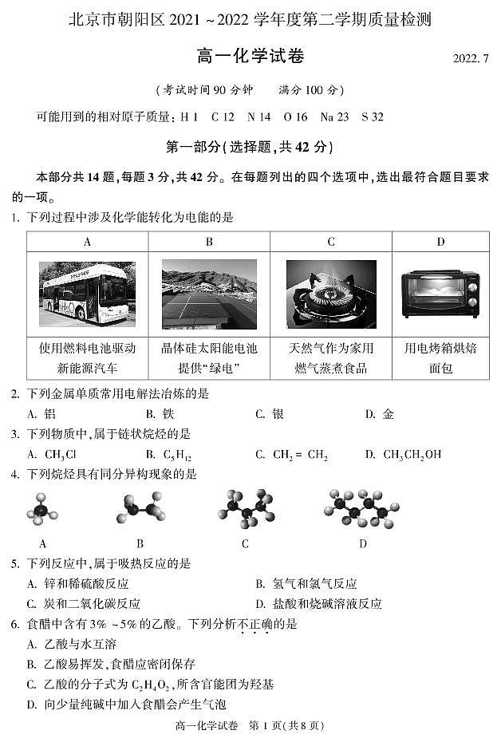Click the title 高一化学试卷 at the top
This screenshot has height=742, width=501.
[x=250, y=57]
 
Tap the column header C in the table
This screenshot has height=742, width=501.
[x=331, y=242]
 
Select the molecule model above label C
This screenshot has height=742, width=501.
[x=245, y=510]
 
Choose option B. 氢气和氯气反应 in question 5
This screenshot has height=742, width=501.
[x=306, y=584]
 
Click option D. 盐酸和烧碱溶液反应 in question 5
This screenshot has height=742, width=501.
[x=318, y=604]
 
